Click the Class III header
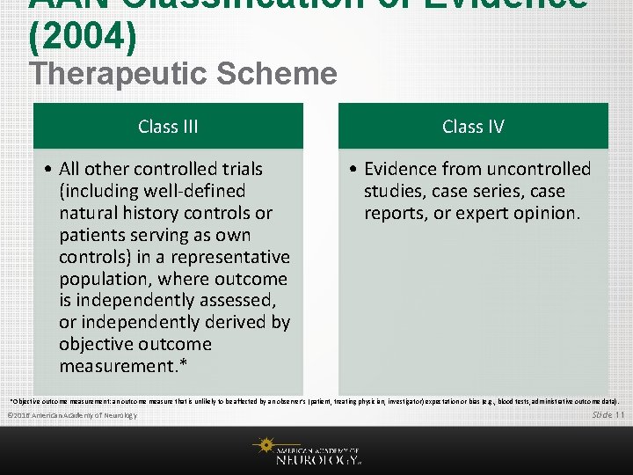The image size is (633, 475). pyautogui.click(x=168, y=127)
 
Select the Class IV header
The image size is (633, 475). pyautogui.click(x=473, y=127)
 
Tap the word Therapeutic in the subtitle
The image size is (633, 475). pyautogui.click(x=119, y=74)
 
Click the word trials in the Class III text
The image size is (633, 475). pyautogui.click(x=238, y=169)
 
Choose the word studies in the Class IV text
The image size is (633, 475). pyautogui.click(x=394, y=191)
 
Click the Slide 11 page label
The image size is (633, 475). pyautogui.click(x=608, y=414)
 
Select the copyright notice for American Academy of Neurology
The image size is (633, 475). pyautogui.click(x=71, y=415)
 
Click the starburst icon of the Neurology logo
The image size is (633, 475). pyautogui.click(x=264, y=446)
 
